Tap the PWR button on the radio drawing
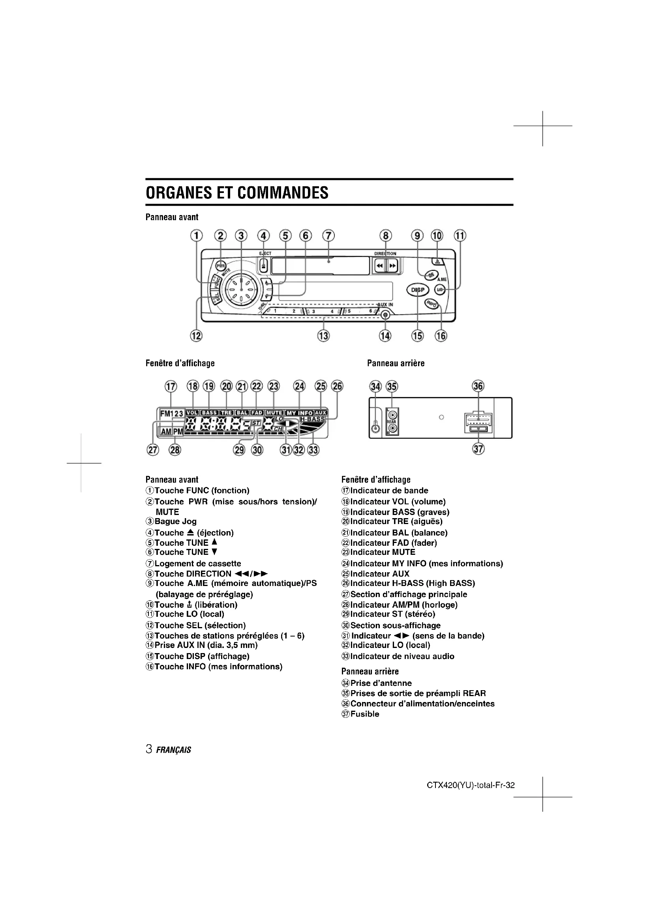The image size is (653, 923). click(220, 266)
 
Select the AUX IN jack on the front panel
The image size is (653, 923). click(385, 315)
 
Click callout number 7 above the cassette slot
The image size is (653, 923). click(328, 236)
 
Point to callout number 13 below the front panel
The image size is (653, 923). click(323, 336)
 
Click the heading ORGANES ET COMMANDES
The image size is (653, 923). click(237, 193)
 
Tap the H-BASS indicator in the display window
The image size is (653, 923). click(312, 419)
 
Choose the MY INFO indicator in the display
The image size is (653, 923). click(299, 413)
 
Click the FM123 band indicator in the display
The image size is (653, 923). click(172, 413)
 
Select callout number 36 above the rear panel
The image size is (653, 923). click(478, 386)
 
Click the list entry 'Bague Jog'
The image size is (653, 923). click(175, 521)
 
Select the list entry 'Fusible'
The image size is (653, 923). click(364, 714)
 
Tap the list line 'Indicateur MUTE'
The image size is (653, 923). click(383, 552)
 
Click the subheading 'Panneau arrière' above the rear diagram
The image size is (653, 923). click(396, 363)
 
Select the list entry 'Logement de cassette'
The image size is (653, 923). click(197, 564)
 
